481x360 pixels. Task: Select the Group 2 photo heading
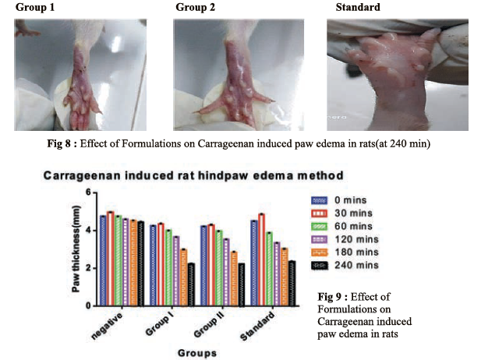[196, 8]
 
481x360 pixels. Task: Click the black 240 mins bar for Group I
[191, 284]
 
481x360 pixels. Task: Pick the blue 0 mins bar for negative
[102, 260]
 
